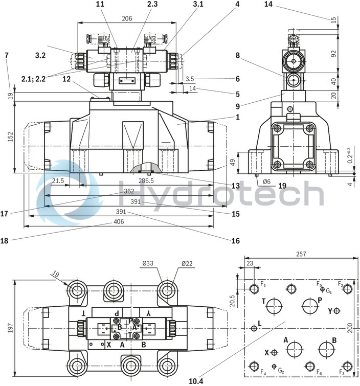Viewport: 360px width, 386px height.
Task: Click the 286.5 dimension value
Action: (x=146, y=181)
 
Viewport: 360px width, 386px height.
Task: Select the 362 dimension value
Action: (x=129, y=191)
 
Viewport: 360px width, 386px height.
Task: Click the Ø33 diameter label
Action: (x=147, y=264)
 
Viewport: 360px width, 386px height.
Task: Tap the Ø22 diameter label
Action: (x=188, y=264)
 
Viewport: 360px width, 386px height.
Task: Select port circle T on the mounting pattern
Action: (x=275, y=306)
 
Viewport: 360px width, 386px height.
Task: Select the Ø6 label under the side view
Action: (x=266, y=181)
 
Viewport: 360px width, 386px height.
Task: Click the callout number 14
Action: (x=269, y=5)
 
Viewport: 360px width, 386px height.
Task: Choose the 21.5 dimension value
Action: (x=58, y=181)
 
